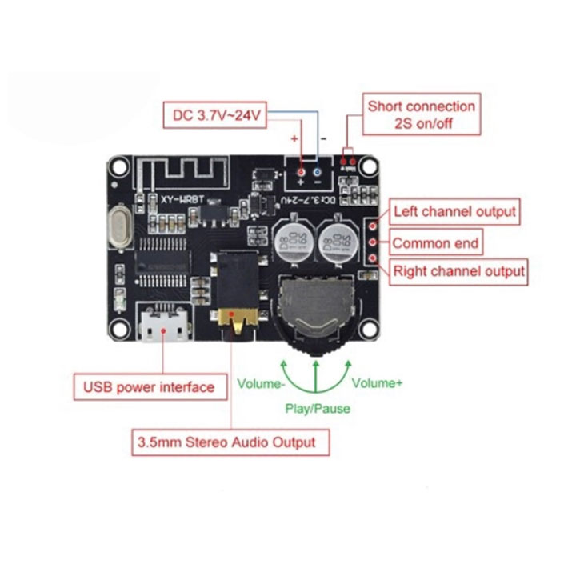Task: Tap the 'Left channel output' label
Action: pos(454,213)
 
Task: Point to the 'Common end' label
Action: pos(435,242)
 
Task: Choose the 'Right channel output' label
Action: pos(458,271)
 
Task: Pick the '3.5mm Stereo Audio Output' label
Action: pos(230,442)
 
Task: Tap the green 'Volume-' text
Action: pos(261,383)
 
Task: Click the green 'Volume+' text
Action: pos(377,383)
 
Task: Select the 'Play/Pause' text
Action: pos(318,408)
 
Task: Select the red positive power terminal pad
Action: pos(300,173)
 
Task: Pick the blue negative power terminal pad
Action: pos(318,173)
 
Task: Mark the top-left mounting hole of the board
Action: pos(119,166)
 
